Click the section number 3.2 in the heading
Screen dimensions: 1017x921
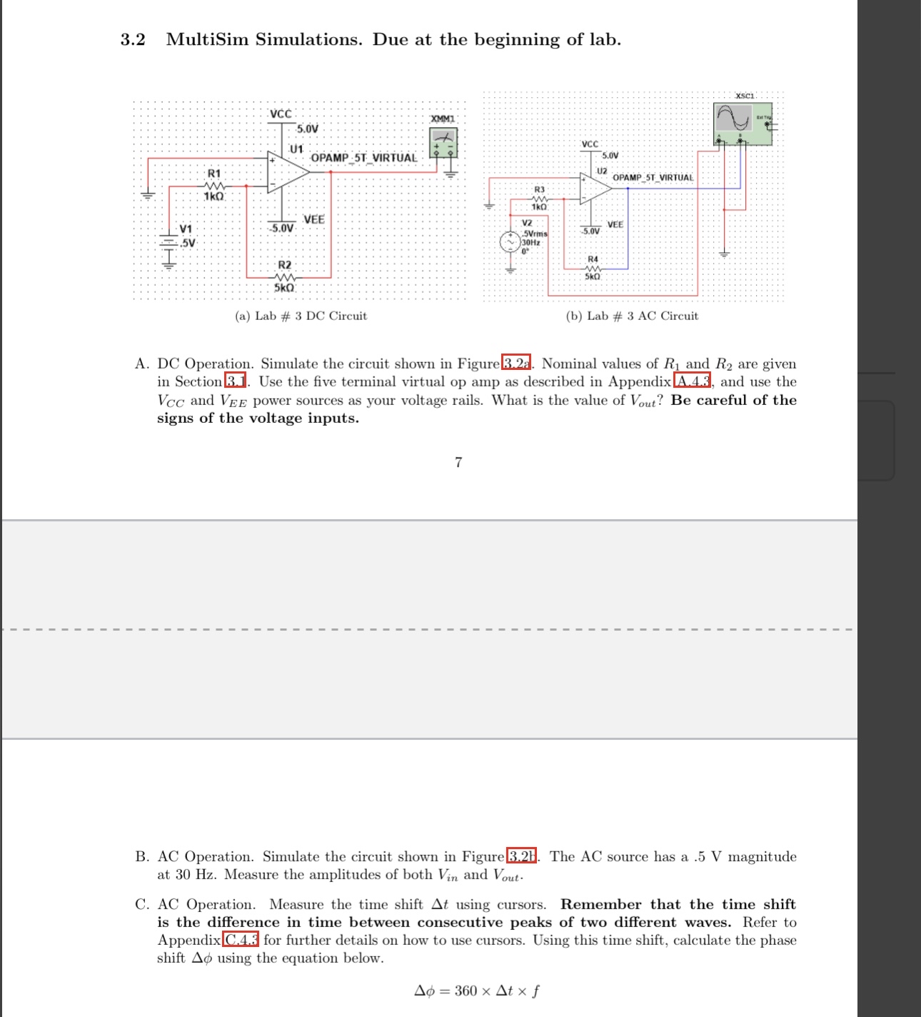point(133,40)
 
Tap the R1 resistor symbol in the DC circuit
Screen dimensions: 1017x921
point(214,185)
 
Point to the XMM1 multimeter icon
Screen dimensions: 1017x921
point(443,142)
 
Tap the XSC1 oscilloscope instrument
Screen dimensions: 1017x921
point(742,124)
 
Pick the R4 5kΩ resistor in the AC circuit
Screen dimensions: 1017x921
point(593,268)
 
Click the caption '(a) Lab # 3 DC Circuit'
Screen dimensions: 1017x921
point(301,316)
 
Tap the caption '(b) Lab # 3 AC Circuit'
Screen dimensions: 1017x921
point(632,316)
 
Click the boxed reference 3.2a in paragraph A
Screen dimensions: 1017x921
point(517,364)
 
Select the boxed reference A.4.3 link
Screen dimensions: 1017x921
point(692,381)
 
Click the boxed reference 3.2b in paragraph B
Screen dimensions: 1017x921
point(521,856)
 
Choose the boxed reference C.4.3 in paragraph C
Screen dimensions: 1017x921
point(241,940)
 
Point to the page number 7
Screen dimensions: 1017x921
point(458,462)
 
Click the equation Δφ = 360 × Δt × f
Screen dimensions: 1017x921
point(477,991)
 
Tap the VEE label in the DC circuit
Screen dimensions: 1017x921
point(313,219)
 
